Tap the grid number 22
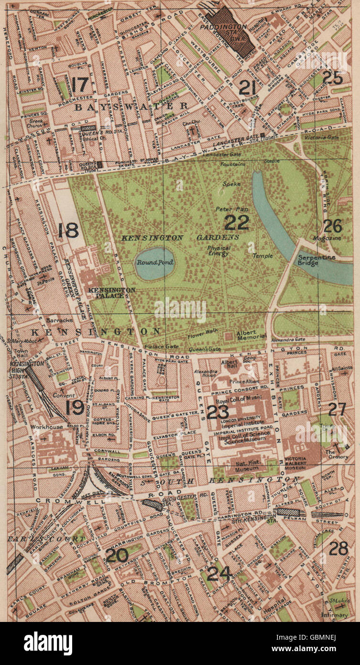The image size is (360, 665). click(x=237, y=222)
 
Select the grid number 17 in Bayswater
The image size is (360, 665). click(x=80, y=85)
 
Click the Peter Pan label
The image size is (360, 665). click(x=227, y=209)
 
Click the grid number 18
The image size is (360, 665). click(x=67, y=230)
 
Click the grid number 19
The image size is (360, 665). click(x=75, y=407)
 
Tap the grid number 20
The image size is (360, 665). click(x=117, y=555)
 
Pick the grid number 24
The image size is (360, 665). click(x=219, y=573)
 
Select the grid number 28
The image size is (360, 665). click(x=338, y=548)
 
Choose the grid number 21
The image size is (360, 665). click(x=249, y=88)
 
